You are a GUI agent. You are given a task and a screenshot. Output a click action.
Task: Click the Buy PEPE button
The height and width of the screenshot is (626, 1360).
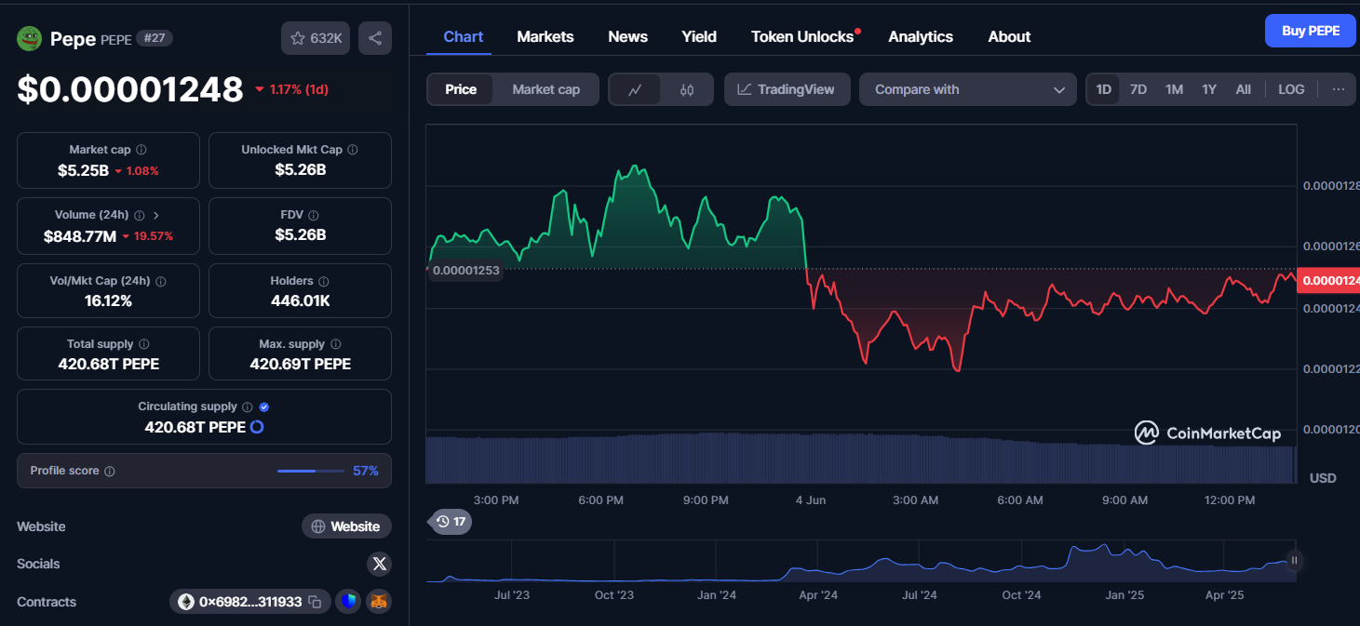(1311, 31)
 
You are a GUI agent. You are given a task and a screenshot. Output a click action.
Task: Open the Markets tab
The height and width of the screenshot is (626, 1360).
(545, 37)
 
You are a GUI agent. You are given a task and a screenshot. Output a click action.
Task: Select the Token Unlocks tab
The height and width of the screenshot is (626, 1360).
(802, 37)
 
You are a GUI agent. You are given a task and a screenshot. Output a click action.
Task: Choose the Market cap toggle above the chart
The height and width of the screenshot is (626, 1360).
(545, 90)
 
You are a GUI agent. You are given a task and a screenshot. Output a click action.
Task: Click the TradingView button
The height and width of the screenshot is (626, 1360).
(787, 90)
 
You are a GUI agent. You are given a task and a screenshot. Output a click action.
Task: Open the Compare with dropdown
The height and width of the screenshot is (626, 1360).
(968, 90)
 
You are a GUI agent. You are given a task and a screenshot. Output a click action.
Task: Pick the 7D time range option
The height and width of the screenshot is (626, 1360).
(1138, 90)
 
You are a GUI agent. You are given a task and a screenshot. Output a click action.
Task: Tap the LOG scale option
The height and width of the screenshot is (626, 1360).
(1291, 90)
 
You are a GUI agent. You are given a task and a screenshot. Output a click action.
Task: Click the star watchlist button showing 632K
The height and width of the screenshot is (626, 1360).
(316, 38)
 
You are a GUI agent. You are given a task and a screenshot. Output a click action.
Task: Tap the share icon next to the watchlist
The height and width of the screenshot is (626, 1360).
(374, 38)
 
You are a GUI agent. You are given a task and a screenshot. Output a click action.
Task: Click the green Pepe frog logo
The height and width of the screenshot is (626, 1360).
(29, 39)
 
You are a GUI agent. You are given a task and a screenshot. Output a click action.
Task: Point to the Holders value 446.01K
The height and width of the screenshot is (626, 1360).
(300, 300)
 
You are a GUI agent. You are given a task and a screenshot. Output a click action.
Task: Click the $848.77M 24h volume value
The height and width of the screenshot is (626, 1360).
(79, 236)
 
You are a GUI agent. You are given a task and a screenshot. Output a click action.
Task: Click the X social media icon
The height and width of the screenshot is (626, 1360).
(379, 564)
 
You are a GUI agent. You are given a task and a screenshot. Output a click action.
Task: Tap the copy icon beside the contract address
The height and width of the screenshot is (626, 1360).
(315, 602)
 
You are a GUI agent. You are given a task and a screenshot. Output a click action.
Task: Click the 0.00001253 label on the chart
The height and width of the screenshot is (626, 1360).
(465, 271)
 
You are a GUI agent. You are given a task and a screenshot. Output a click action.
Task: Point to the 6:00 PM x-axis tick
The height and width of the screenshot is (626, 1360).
(600, 500)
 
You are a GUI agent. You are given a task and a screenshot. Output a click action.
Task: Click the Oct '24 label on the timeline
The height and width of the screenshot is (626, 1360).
(1021, 595)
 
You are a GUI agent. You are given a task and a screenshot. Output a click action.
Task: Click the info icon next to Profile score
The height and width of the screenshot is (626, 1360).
(109, 472)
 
